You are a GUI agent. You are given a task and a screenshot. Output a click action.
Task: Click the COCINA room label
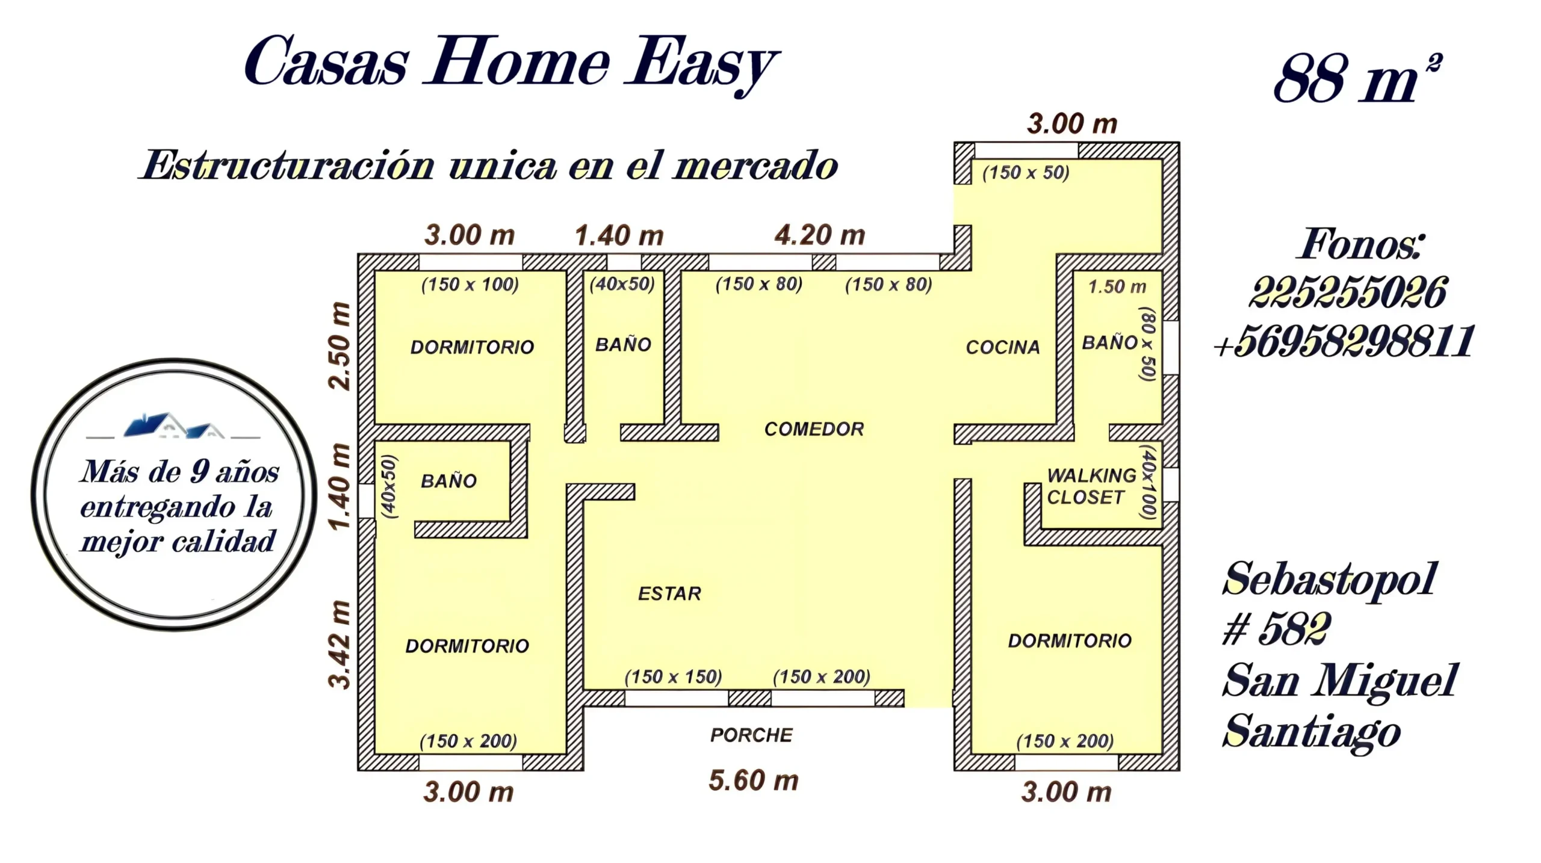click(1003, 347)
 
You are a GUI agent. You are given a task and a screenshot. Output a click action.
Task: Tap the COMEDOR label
click(814, 429)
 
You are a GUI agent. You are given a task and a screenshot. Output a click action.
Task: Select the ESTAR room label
click(669, 594)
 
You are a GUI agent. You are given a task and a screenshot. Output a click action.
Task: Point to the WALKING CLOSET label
click(1091, 486)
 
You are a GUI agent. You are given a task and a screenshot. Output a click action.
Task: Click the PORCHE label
click(751, 735)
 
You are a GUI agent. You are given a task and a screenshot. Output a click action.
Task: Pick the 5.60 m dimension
click(754, 781)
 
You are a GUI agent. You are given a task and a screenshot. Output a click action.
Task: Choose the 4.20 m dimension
click(820, 235)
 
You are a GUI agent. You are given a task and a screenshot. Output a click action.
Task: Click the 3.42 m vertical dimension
click(340, 645)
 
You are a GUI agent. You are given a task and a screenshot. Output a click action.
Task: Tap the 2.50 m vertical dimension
click(340, 346)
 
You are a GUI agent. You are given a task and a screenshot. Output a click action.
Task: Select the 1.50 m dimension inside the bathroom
click(1117, 287)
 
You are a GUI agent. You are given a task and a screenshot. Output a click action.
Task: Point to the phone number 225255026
click(1347, 293)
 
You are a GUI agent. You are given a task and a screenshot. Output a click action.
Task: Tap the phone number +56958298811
click(1344, 341)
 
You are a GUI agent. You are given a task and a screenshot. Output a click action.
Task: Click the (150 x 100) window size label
click(470, 285)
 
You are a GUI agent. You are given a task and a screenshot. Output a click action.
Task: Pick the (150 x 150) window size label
click(673, 677)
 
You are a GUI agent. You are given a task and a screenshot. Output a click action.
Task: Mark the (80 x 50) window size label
click(1148, 344)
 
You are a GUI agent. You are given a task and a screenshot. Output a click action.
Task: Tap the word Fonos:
click(1361, 244)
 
